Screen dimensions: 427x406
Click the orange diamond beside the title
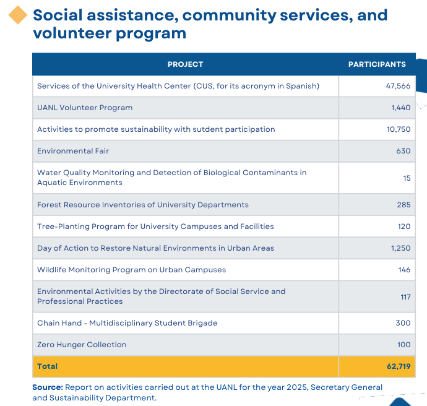click(x=18, y=15)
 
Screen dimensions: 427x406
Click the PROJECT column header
click(x=186, y=64)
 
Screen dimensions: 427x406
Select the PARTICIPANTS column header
click(x=377, y=64)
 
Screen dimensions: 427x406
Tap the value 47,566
click(x=398, y=86)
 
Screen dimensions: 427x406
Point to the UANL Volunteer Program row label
click(x=85, y=108)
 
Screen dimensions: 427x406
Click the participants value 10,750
click(x=399, y=129)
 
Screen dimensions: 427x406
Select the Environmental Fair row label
click(x=73, y=151)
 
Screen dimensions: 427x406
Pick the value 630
click(x=403, y=151)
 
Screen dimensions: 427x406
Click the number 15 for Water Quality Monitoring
click(x=407, y=178)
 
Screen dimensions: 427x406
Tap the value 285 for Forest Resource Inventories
click(x=403, y=205)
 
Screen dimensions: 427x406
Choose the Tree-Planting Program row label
click(x=155, y=227)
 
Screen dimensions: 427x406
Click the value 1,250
click(x=400, y=248)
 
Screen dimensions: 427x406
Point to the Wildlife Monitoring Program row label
click(x=132, y=270)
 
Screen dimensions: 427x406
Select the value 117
click(x=405, y=297)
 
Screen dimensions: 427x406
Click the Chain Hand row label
click(x=127, y=323)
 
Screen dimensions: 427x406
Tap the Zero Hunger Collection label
click(x=82, y=345)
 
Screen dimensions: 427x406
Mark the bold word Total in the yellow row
click(x=48, y=366)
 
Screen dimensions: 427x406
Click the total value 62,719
click(x=399, y=366)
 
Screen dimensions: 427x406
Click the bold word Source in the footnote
click(x=48, y=387)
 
